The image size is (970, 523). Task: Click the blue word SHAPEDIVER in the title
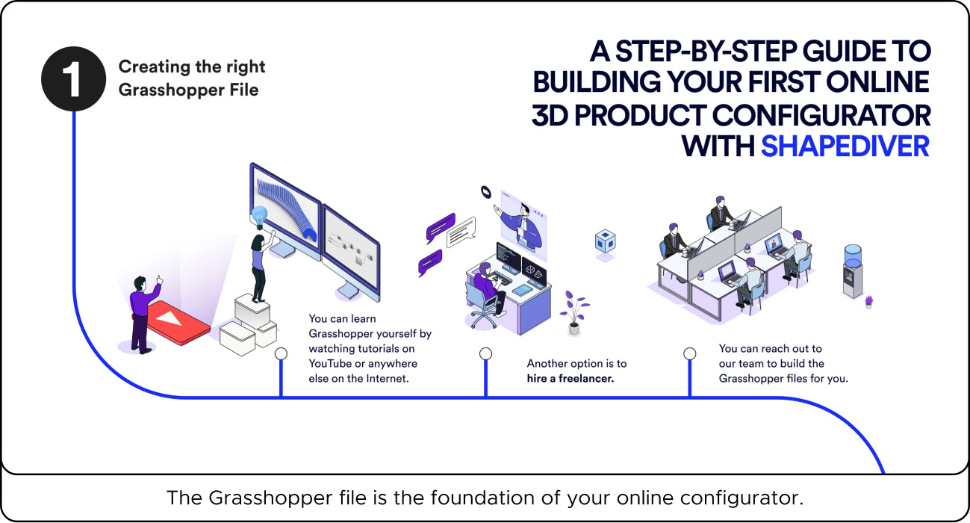coord(845,145)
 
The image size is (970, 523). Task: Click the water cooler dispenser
coord(852,270)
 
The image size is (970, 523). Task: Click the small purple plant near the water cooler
coord(868,301)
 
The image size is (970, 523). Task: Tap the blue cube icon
coord(604,241)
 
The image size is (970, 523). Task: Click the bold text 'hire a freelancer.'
coord(570,379)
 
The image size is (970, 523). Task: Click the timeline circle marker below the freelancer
coord(485,353)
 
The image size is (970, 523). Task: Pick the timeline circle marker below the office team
coord(689,353)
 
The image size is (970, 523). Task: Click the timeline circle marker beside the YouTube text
coord(281,353)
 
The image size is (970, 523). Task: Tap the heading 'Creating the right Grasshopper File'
coord(192,77)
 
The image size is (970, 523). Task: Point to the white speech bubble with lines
coord(461,232)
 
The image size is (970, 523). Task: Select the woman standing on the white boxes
coord(260,265)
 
